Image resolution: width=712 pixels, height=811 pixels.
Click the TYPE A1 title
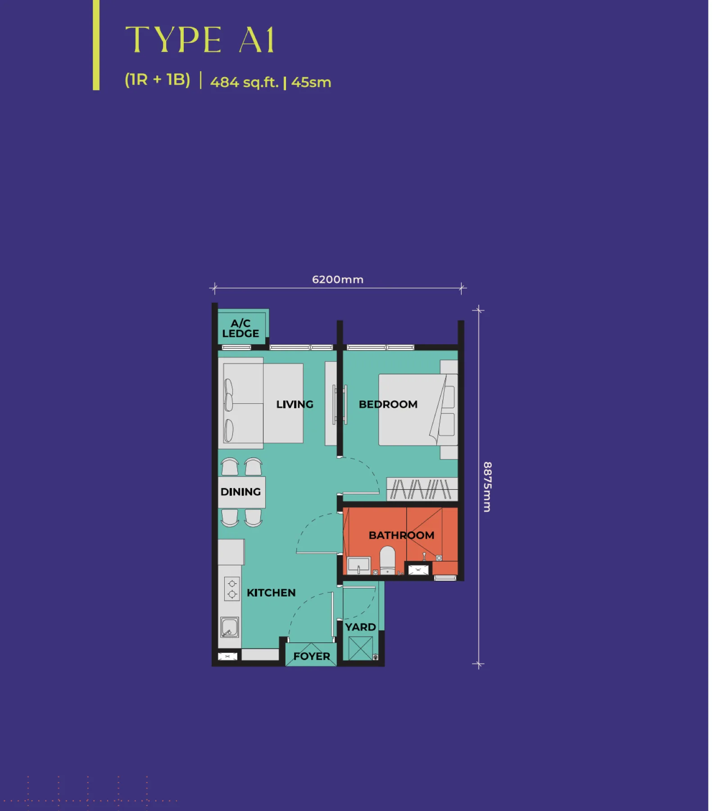point(200,40)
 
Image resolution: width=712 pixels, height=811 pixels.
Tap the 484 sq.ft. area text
point(245,82)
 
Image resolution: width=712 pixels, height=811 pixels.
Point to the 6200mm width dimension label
point(338,279)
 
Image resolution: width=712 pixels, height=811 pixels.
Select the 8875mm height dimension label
point(487,487)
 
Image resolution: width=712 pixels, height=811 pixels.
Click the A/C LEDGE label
point(240,328)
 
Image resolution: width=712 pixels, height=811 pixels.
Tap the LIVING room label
point(295,404)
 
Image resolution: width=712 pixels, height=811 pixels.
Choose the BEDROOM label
point(388,404)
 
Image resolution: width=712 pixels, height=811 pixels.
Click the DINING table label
point(240,492)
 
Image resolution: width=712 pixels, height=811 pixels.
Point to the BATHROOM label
point(401,535)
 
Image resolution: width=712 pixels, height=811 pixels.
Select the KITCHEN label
point(271,592)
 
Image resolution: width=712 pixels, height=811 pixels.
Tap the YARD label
point(360,627)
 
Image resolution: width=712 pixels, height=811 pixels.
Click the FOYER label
point(312,656)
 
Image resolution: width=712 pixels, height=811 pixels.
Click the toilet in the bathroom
point(387,560)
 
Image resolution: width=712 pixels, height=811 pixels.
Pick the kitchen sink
point(229,627)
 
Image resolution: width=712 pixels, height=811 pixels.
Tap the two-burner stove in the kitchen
point(232,589)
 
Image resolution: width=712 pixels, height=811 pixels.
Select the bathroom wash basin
point(359,565)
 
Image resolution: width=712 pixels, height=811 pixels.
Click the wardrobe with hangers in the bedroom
point(422,489)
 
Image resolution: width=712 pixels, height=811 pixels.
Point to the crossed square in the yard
point(360,648)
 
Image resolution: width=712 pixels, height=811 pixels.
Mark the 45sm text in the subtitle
point(311,82)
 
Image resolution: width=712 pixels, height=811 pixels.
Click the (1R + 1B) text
point(157,80)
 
